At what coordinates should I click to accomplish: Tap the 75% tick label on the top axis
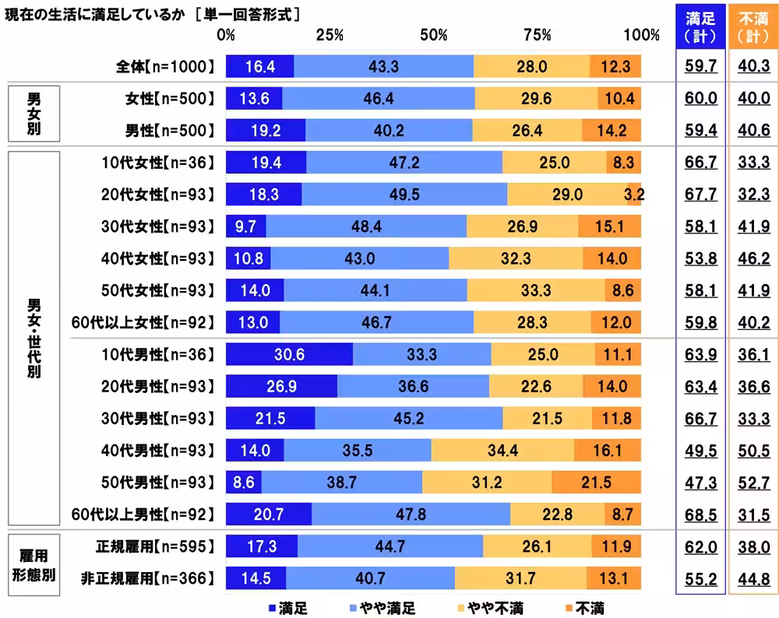tap(538, 35)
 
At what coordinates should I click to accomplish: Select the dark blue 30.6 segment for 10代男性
tap(289, 354)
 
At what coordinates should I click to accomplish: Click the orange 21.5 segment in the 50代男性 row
tap(596, 482)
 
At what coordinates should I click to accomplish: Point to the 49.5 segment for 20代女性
tap(404, 194)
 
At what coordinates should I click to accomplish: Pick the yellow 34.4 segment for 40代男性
tap(502, 450)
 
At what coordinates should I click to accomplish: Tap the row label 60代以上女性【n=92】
tap(142, 321)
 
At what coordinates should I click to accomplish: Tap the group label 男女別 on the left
tap(33, 114)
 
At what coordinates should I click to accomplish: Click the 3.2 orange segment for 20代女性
tap(634, 194)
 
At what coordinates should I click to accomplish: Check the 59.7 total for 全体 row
tap(700, 67)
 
